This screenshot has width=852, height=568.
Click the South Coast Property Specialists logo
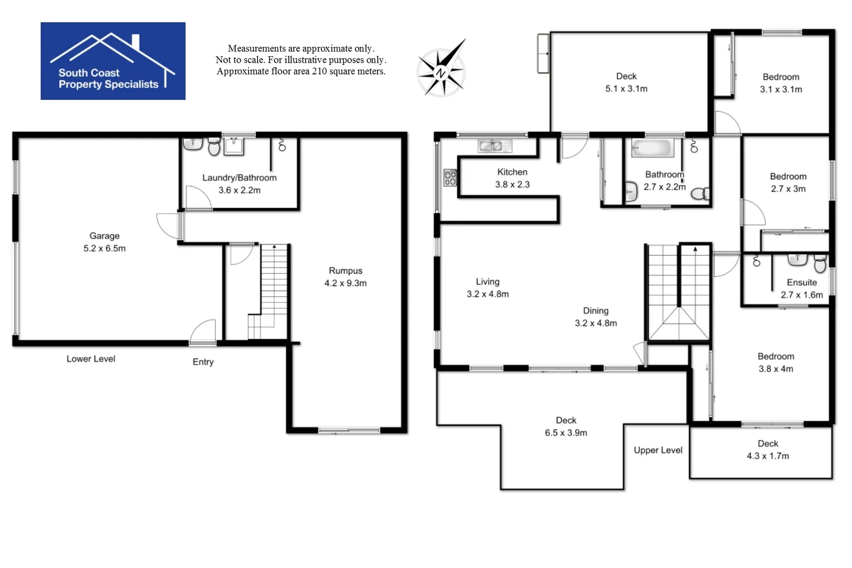point(113,61)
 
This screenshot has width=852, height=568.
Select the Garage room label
point(104,236)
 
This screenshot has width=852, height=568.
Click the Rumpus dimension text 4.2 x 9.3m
point(346,283)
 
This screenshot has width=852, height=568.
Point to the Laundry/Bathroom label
point(239,178)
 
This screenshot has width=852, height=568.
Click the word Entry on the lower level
point(203,362)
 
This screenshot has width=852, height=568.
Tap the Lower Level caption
point(90,359)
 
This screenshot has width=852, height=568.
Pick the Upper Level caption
point(658,450)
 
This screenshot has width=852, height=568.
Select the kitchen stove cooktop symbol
point(450,178)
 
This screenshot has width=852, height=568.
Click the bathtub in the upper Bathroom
point(653,148)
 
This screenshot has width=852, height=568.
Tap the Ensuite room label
point(802,282)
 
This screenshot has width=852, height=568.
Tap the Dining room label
point(595,311)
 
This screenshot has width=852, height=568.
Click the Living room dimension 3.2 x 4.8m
point(488,295)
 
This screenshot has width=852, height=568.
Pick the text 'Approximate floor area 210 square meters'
point(301,72)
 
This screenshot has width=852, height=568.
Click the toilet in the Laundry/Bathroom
point(214,147)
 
